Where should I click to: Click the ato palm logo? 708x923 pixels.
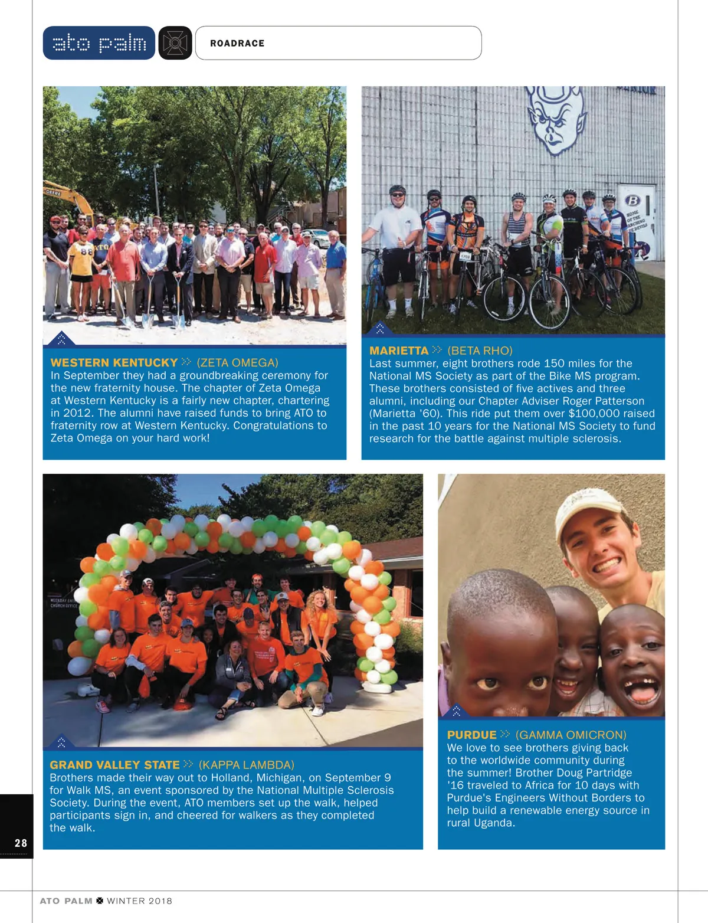click(99, 43)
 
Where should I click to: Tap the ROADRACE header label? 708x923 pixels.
click(237, 44)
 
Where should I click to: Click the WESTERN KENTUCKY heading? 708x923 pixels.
click(114, 362)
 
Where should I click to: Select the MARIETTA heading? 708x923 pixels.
click(399, 351)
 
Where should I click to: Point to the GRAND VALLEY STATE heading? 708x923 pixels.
click(114, 765)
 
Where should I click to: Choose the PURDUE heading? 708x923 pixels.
click(471, 735)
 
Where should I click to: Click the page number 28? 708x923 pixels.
click(21, 843)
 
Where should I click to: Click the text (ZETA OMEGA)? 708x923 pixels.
click(237, 362)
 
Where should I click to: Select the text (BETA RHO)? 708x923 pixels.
click(480, 351)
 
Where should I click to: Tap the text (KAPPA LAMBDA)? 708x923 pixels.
click(246, 765)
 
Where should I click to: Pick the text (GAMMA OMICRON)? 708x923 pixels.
click(571, 735)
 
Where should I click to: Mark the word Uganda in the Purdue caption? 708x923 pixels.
click(495, 823)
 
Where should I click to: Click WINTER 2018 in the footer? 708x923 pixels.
click(139, 901)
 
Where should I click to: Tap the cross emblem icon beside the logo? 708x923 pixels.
click(175, 43)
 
